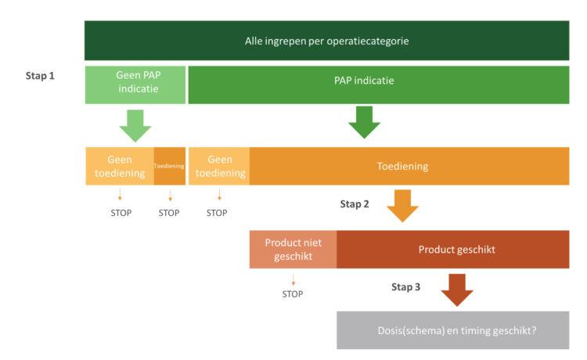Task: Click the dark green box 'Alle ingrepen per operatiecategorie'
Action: point(326,41)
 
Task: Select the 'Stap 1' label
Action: point(40,76)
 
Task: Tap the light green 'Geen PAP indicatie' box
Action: point(135,85)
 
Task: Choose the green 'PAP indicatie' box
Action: point(379,85)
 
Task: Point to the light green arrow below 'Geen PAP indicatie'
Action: point(135,126)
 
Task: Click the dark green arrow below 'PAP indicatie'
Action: point(364,122)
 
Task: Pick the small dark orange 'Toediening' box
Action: point(170,166)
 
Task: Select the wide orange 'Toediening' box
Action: point(409,166)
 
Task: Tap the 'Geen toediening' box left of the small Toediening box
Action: point(120,166)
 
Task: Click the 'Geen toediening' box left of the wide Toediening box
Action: point(219,166)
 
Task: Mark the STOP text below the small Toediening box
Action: point(169,213)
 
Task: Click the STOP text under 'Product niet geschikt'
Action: point(293,294)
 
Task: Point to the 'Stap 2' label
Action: point(354,204)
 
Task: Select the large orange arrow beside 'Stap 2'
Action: point(402,206)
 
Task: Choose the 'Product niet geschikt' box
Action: point(293,249)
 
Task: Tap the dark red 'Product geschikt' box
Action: point(452,249)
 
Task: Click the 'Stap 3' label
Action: point(405,287)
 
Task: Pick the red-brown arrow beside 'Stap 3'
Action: point(457,290)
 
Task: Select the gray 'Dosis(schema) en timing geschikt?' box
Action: point(452,330)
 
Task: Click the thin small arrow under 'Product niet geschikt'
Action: point(293,280)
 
